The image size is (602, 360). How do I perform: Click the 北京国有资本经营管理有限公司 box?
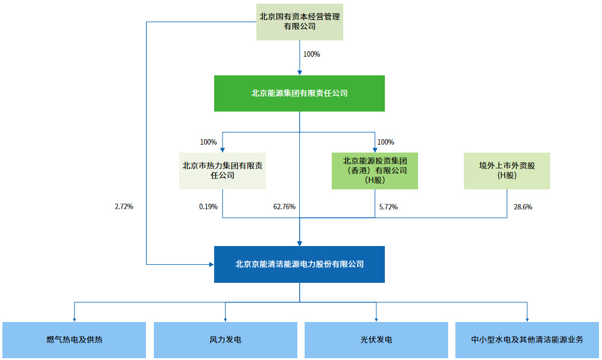[x=300, y=22]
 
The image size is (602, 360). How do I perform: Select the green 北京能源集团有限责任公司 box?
[x=300, y=93]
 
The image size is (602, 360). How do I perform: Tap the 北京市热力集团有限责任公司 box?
[x=223, y=171]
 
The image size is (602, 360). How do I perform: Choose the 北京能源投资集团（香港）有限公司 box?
[x=375, y=171]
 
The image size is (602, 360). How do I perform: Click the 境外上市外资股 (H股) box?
[x=507, y=171]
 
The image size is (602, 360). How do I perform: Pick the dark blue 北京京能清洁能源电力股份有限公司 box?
[x=300, y=264]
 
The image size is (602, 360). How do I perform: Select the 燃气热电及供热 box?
[x=74, y=340]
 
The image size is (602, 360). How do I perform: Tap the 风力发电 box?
[x=225, y=340]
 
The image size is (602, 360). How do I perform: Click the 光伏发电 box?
[x=376, y=340]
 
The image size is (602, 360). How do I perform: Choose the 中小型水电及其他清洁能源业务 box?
[x=527, y=340]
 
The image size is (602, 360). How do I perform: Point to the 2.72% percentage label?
[x=124, y=207]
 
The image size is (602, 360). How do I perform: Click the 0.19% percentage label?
[x=208, y=207]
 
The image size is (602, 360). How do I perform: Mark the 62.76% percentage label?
[x=284, y=207]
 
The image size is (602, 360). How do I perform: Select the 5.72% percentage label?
[x=388, y=207]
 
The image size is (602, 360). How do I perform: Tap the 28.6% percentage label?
[x=522, y=207]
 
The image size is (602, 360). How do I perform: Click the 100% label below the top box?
[x=311, y=54]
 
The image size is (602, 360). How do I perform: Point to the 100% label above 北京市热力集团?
[x=208, y=142]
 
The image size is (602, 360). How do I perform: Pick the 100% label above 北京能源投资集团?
[x=385, y=142]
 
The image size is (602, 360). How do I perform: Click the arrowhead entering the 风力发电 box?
[x=225, y=319]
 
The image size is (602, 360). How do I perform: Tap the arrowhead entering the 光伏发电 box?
[x=376, y=319]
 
